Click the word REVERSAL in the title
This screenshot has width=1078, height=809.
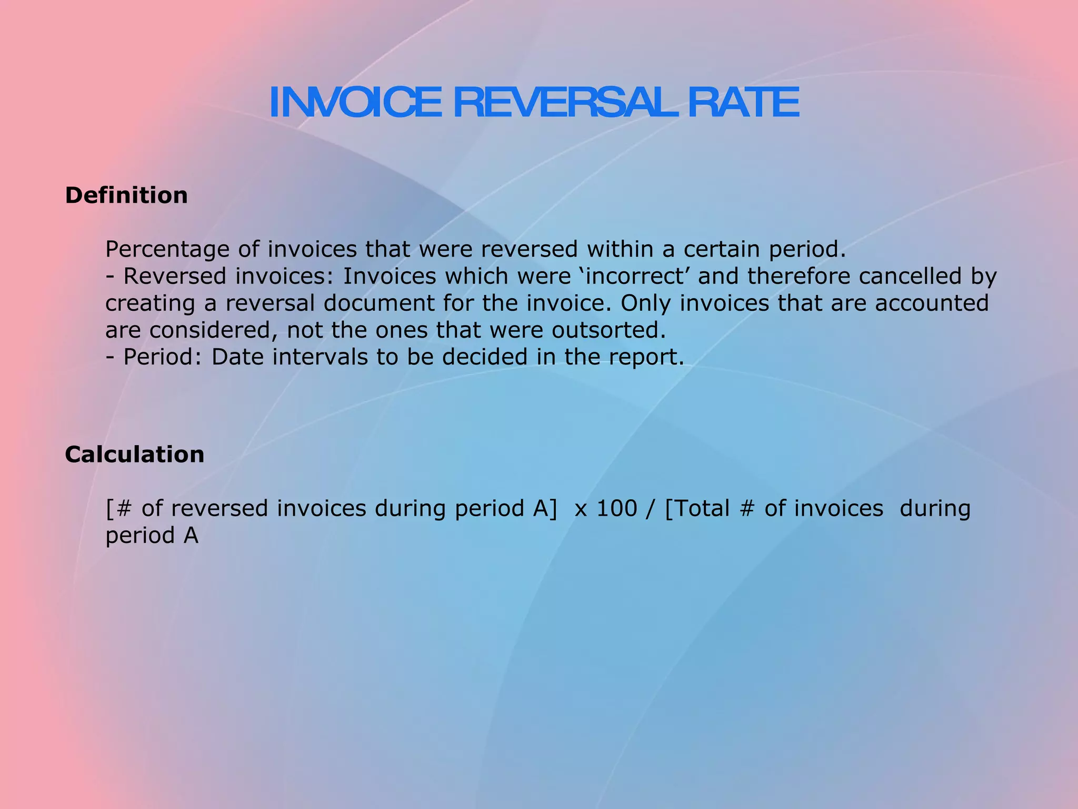(565, 103)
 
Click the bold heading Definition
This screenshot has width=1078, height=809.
(126, 195)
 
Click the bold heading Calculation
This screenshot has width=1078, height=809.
(135, 455)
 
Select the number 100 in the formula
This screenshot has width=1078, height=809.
(616, 509)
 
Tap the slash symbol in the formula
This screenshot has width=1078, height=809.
(651, 509)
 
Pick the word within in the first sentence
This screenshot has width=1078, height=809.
(620, 250)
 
